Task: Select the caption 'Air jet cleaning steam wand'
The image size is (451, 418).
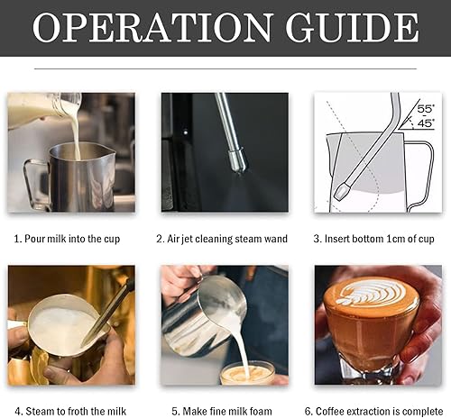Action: pyautogui.click(x=225, y=239)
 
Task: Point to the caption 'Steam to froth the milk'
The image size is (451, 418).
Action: pyautogui.click(x=70, y=411)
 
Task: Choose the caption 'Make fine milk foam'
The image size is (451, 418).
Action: pyautogui.click(x=225, y=411)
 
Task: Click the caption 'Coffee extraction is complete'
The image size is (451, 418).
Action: pyautogui.click(x=377, y=411)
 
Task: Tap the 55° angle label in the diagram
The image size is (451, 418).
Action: pyautogui.click(x=426, y=109)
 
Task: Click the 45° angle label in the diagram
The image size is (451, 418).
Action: pyautogui.click(x=426, y=123)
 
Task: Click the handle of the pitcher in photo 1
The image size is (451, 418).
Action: pyautogui.click(x=33, y=180)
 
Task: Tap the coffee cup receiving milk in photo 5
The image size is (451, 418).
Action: pyautogui.click(x=246, y=372)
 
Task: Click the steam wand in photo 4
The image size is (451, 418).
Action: pyautogui.click(x=108, y=315)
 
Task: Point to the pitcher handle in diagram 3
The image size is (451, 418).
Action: pyautogui.click(x=422, y=167)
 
